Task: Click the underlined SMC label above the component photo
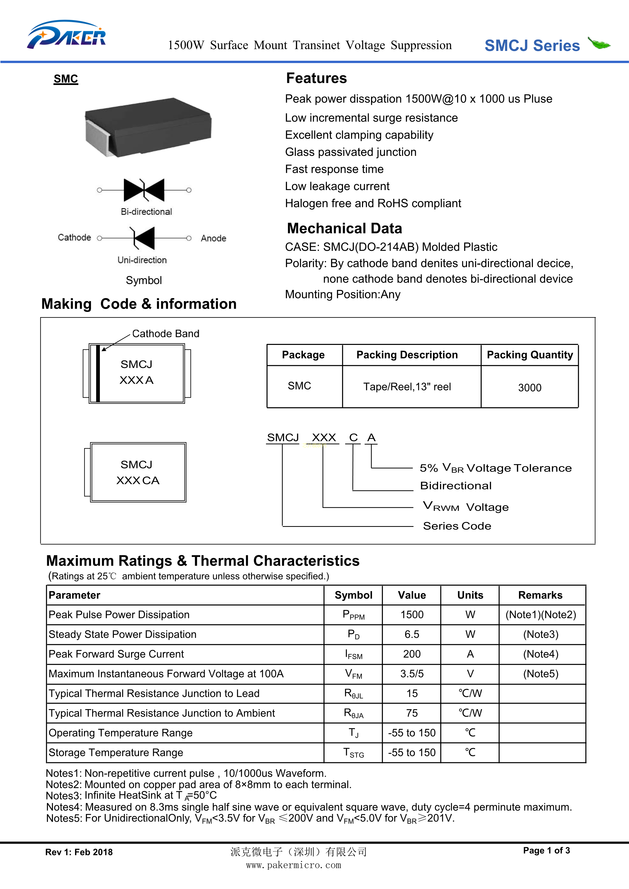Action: tap(66, 79)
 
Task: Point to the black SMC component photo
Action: tap(148, 127)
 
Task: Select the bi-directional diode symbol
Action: tap(144, 190)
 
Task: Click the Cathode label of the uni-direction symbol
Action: tap(74, 237)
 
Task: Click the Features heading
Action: tap(316, 78)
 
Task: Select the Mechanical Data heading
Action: tap(344, 228)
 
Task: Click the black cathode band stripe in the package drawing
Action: tap(98, 373)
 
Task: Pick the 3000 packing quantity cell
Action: tap(529, 387)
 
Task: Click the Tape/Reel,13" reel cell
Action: tap(407, 387)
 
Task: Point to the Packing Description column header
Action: tap(407, 355)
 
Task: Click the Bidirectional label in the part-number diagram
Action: tap(456, 486)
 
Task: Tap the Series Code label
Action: tap(457, 526)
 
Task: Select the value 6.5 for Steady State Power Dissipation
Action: tap(412, 634)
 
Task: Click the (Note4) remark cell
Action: tap(541, 654)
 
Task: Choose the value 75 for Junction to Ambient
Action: tap(412, 713)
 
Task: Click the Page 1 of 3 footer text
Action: tap(546, 850)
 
